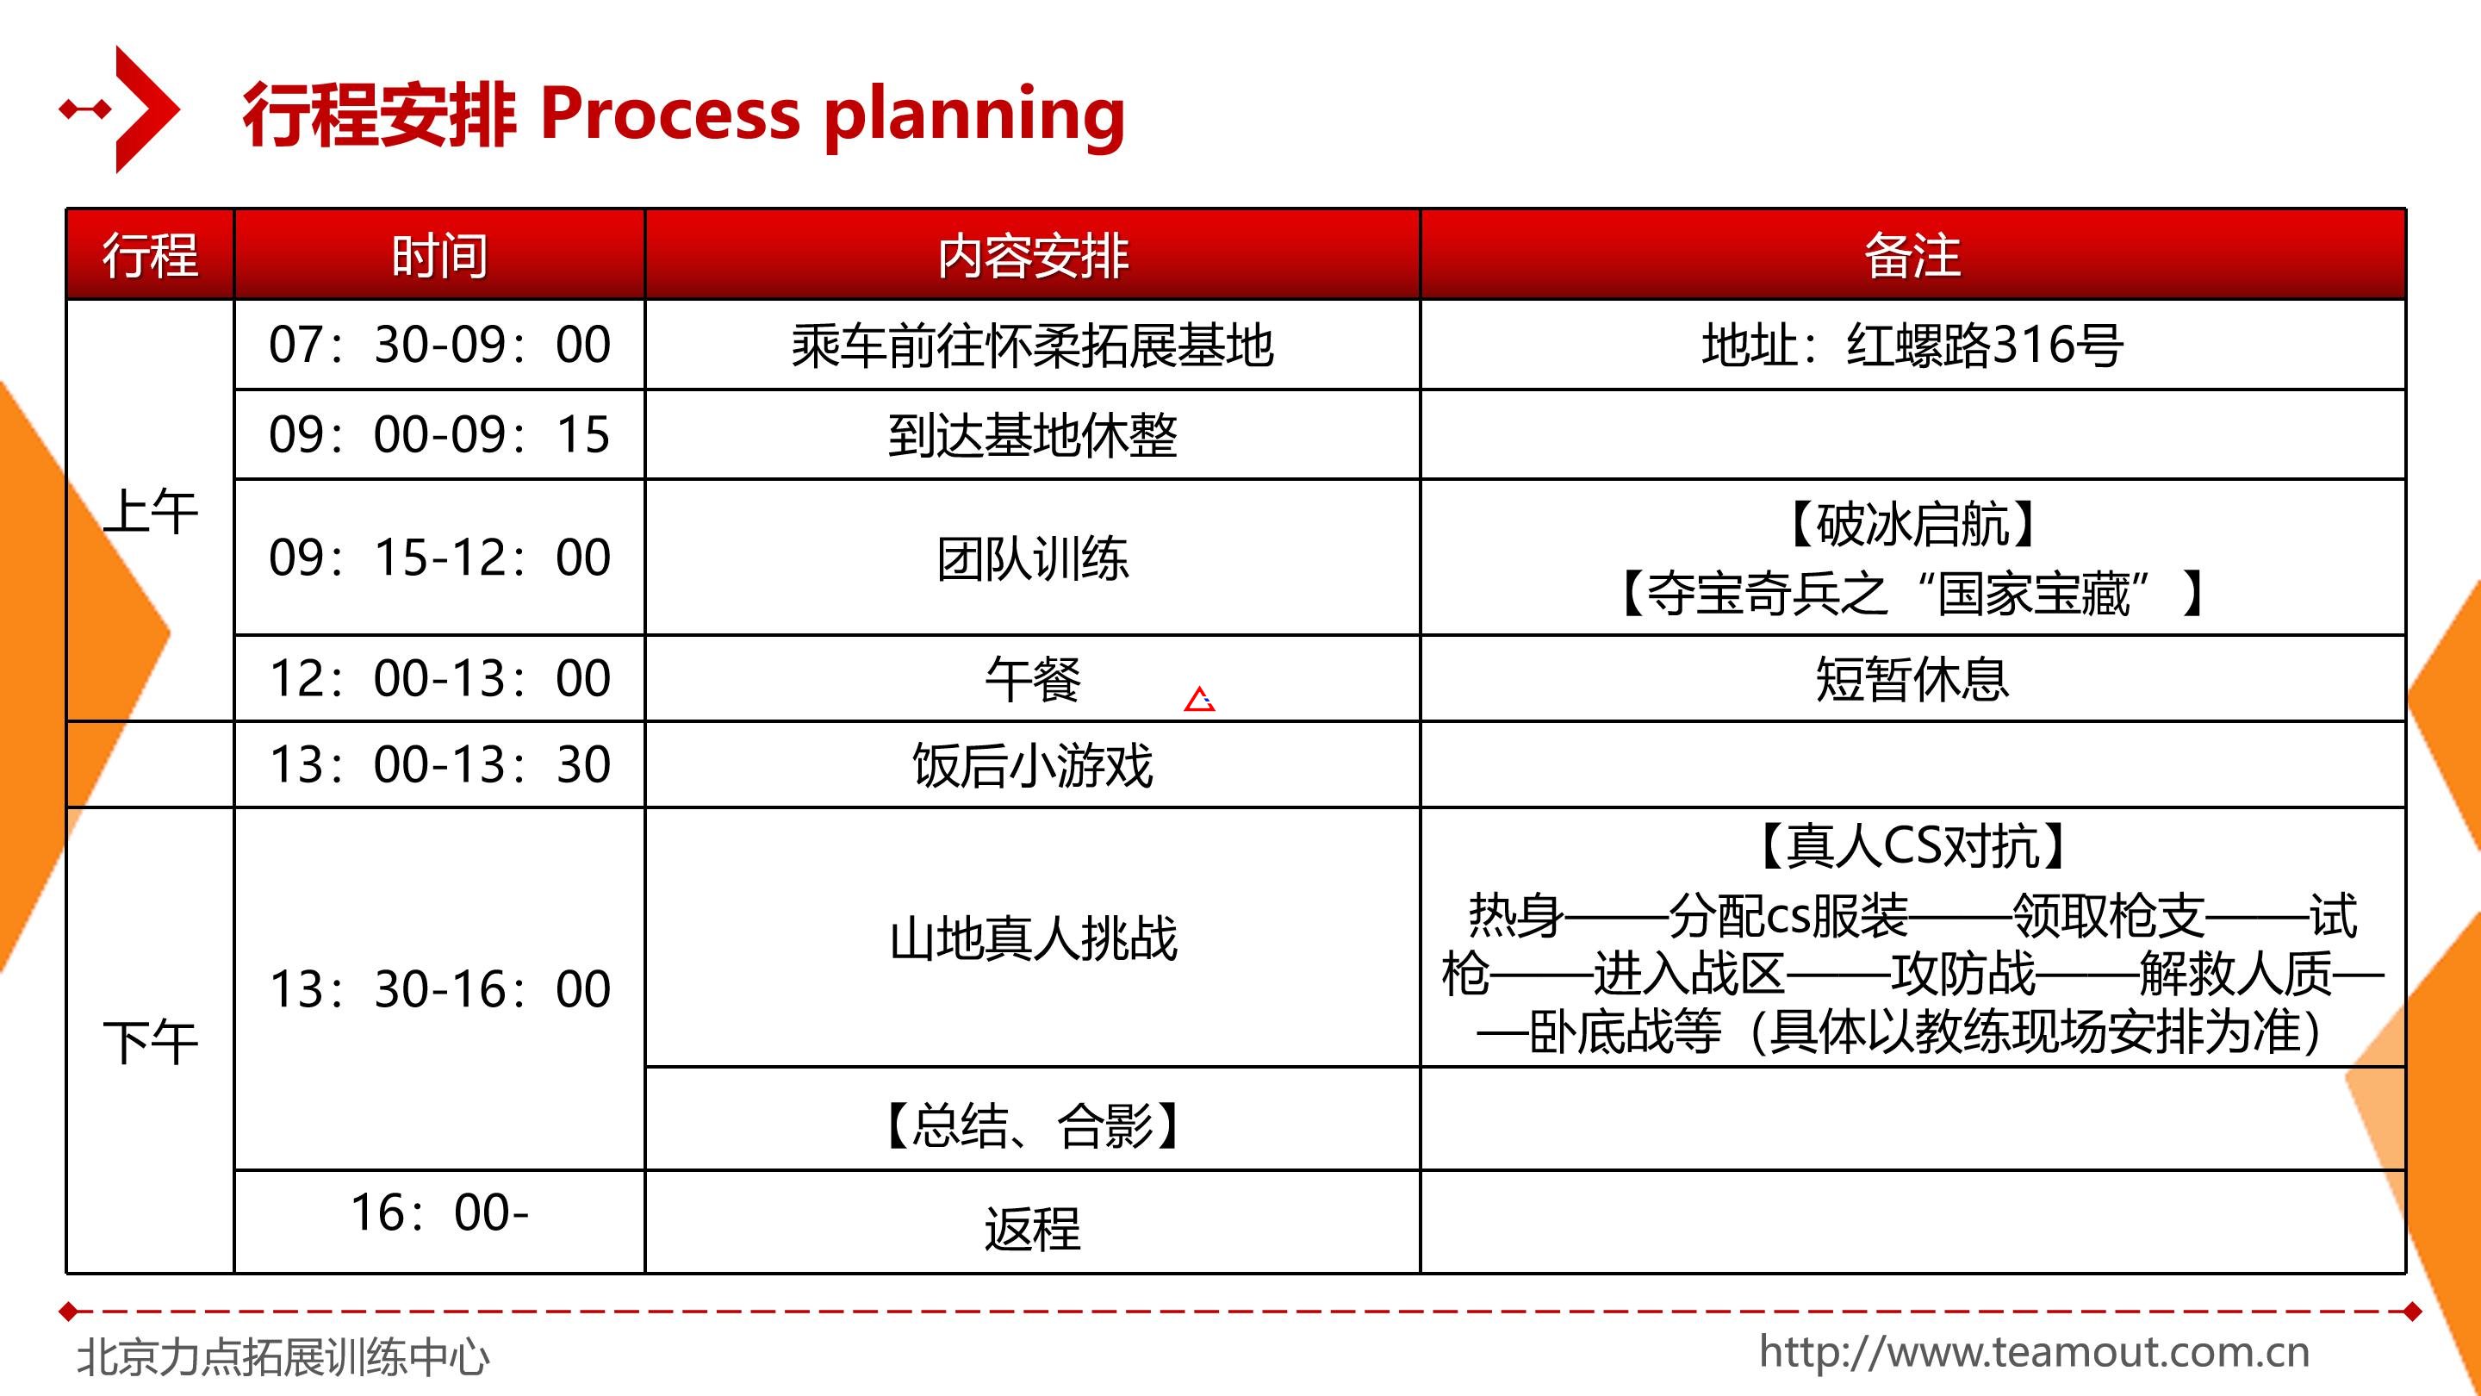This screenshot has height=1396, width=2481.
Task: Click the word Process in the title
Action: coord(670,114)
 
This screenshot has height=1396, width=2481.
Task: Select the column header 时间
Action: coord(439,256)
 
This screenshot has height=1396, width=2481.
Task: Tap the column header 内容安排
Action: coord(1033,256)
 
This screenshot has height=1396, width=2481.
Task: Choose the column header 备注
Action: coord(1912,256)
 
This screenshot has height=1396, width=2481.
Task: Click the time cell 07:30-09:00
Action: coord(439,345)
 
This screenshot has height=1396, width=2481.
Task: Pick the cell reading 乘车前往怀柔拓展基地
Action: coord(1033,346)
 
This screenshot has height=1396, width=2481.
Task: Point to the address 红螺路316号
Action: coord(1985,345)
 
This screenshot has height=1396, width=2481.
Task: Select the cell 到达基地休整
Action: coord(1033,435)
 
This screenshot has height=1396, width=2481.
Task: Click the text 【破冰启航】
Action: coord(1912,524)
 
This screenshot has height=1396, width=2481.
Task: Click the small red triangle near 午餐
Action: coord(1199,699)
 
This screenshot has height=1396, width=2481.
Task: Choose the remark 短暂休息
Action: coord(1912,679)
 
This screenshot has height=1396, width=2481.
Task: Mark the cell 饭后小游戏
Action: coord(1033,766)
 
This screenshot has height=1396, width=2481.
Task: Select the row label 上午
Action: coord(150,512)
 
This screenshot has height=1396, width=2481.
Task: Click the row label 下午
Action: coord(150,1043)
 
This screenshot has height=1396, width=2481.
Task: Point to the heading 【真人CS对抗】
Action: coord(1912,846)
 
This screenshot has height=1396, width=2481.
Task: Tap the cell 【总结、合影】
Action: coord(1033,1125)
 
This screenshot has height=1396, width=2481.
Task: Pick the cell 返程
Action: coord(1033,1230)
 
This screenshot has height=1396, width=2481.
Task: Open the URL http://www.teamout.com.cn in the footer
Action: coord(2034,1352)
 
